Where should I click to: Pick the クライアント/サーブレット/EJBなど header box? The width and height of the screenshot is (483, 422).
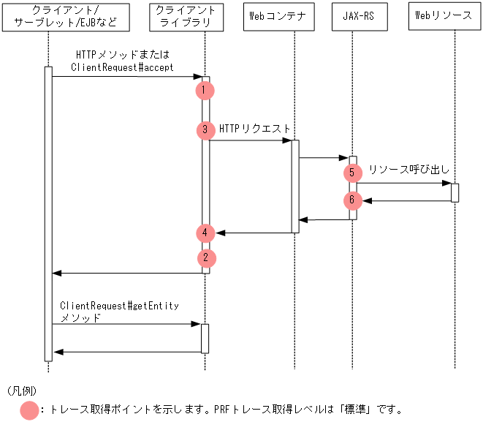point(66,17)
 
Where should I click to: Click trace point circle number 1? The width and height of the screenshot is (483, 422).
point(205,90)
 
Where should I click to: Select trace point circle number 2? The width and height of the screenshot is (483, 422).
point(205,257)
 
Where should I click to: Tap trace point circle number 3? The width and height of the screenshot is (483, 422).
point(205,130)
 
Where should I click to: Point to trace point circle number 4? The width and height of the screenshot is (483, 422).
point(205,233)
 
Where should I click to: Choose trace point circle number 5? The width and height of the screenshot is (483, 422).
point(352,173)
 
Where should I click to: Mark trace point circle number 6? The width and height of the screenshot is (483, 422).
point(352,200)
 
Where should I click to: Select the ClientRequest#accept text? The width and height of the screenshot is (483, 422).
point(122,67)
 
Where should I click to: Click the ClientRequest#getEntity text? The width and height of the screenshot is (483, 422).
point(119,306)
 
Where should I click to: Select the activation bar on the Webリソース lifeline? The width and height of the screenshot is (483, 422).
point(455,192)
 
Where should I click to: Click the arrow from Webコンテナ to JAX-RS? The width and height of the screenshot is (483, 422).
point(323,157)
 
